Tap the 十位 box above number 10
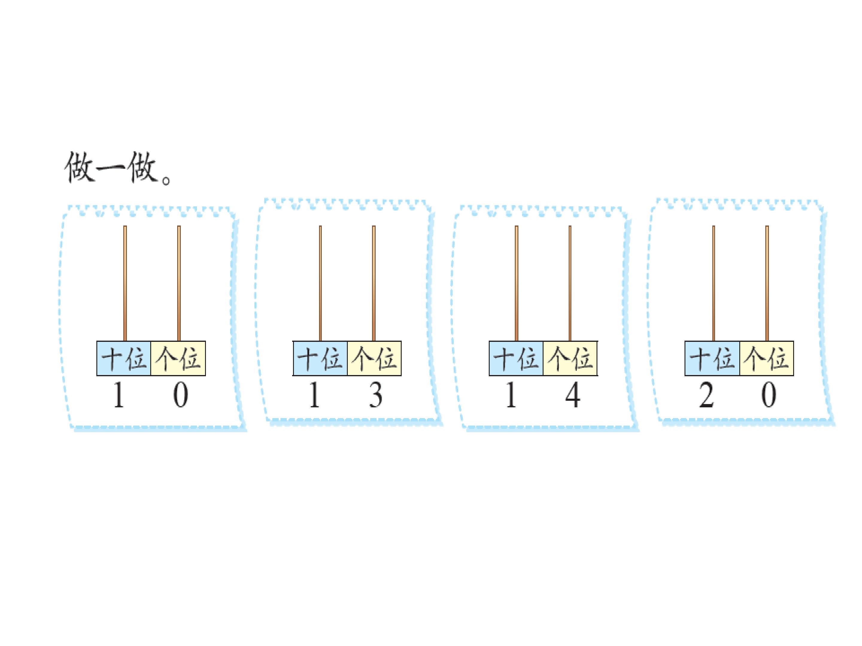coord(124,358)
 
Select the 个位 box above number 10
coord(178,358)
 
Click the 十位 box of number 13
coord(320,358)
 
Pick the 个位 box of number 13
coord(374,358)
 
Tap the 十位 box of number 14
coord(516,358)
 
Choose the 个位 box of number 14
coord(570,358)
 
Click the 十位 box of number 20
coord(712,358)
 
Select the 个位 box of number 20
coord(767,358)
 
